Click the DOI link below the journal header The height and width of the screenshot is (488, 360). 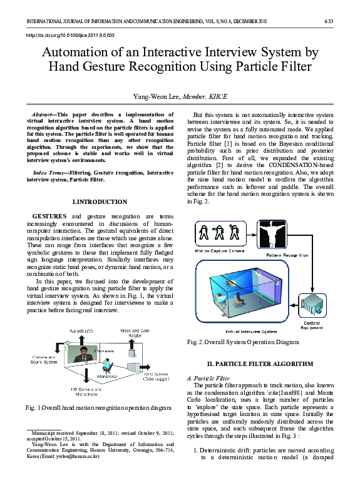coord(69,36)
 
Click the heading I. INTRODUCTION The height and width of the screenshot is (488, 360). coord(100,202)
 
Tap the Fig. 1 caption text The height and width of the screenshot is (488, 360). coord(98,407)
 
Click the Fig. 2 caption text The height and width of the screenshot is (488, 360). coord(242,342)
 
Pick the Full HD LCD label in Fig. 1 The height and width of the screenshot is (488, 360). coord(80,330)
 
